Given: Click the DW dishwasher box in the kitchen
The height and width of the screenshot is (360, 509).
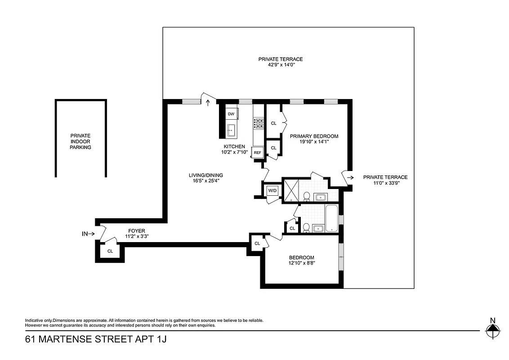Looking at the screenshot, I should coord(231,114).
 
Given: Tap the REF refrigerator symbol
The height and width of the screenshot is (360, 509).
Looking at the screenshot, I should coord(258,153).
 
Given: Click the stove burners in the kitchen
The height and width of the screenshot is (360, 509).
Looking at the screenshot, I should coord(259,123).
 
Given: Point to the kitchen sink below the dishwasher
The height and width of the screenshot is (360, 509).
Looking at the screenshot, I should coord(231,130).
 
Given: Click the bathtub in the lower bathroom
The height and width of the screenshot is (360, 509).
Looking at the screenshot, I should coord(331,219).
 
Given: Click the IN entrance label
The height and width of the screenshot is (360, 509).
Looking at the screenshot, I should coord(85,234).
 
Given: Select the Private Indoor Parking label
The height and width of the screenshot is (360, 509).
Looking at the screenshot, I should coord(80,141).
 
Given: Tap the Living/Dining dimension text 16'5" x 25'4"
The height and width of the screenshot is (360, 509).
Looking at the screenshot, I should coord(206,182).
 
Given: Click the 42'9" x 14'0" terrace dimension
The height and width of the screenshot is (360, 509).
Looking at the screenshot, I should coord(280,65).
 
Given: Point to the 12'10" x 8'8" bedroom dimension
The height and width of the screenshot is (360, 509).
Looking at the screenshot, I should coord(301,264).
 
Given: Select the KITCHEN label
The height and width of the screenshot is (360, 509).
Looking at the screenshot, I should coord(234,147).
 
